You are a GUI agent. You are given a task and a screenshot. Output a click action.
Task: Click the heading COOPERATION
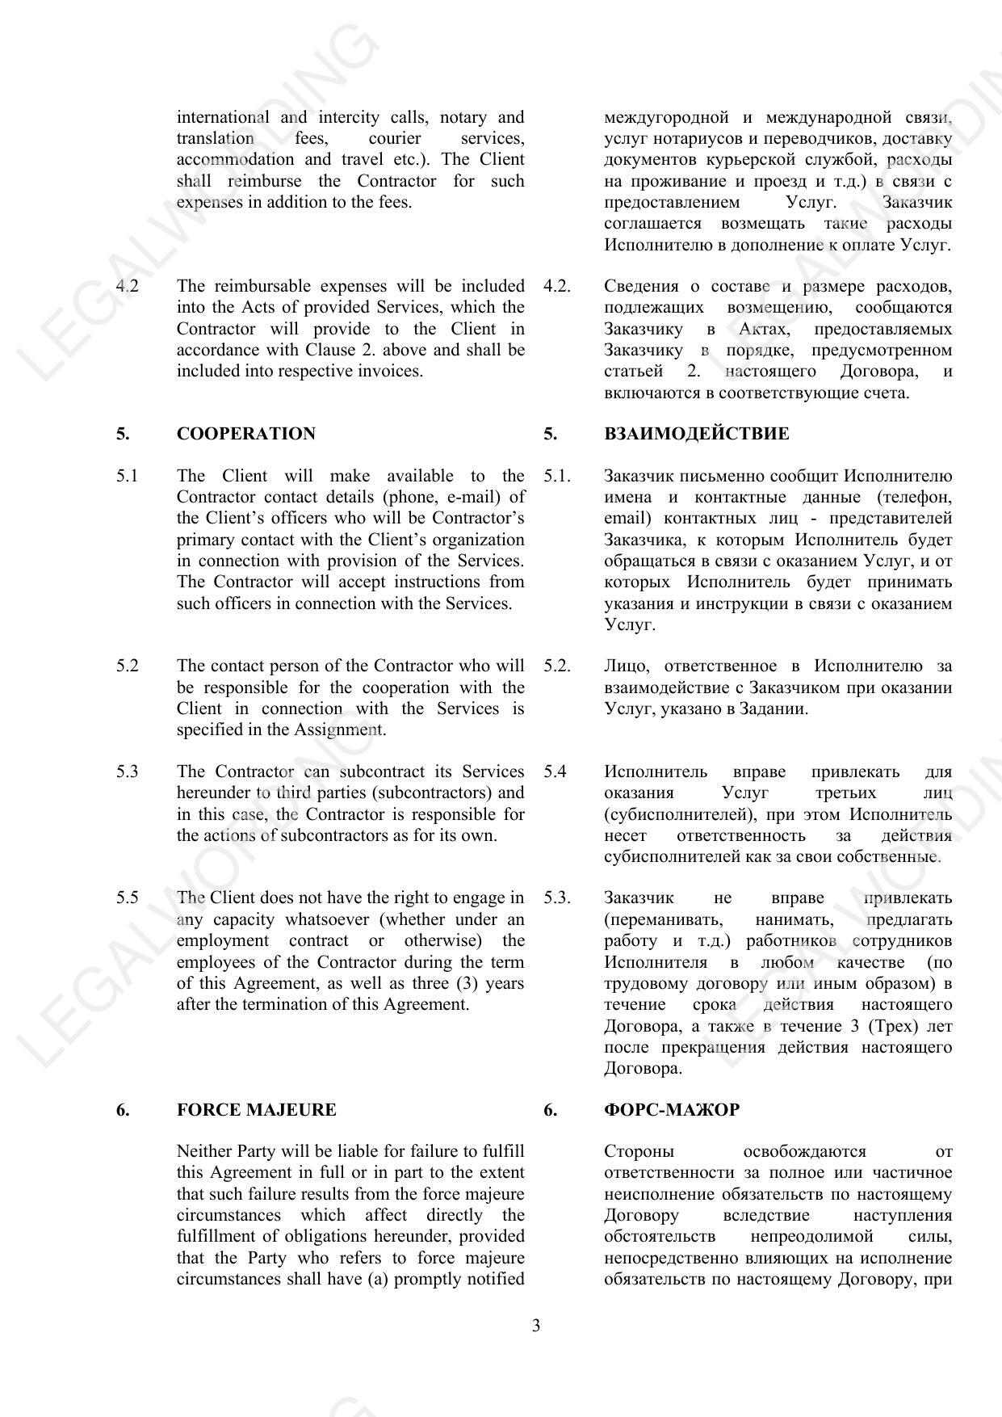coord(245,434)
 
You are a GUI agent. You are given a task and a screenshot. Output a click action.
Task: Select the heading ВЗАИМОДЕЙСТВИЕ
coord(696,434)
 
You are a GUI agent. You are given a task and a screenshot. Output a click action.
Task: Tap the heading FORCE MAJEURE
coord(256,1110)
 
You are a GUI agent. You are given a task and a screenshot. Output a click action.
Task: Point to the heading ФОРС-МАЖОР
coord(671,1110)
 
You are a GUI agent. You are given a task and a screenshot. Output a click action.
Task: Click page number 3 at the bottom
coord(536,1326)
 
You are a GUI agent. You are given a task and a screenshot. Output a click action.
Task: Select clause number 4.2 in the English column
coord(127,286)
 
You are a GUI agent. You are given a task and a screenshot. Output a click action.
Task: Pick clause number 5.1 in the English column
coord(127,476)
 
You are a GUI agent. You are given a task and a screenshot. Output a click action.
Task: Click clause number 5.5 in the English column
coord(127,898)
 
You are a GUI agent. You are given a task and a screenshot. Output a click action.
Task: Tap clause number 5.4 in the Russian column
coord(555,772)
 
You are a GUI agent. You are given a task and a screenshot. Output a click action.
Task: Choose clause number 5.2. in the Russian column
coord(556,666)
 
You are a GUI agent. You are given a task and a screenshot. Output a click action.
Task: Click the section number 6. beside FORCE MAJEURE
coord(123,1110)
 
